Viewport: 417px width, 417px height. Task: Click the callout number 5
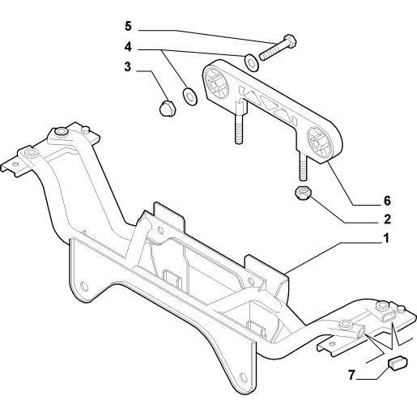point(128,27)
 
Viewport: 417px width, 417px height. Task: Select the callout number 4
point(128,47)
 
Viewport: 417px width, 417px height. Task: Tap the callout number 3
point(127,66)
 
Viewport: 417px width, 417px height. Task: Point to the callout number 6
point(387,201)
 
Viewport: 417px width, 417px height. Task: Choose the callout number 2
point(387,219)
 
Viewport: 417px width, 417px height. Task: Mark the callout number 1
point(386,238)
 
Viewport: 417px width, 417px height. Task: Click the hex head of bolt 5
point(290,40)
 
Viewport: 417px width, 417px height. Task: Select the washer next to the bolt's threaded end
point(251,63)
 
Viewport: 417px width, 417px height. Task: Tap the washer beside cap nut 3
point(190,96)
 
